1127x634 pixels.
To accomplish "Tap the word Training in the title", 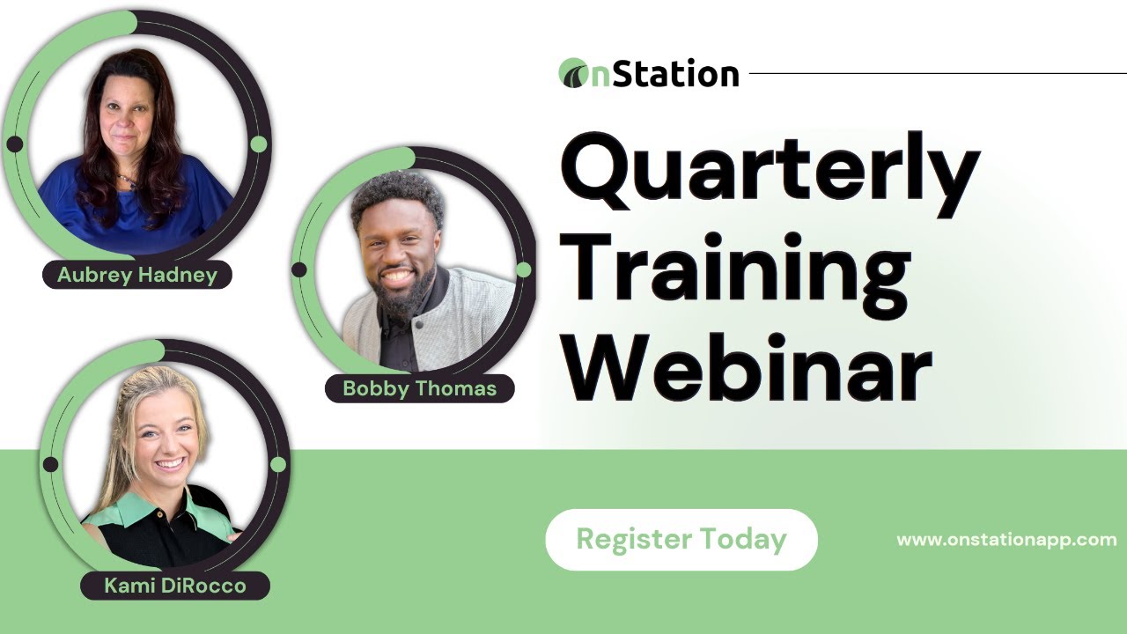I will tap(735, 265).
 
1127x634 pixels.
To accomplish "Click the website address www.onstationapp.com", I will tap(1006, 540).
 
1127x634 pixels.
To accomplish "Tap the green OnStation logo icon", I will tap(574, 74).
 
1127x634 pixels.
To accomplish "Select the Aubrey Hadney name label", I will tap(136, 276).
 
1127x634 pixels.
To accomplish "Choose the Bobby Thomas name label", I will tap(419, 388).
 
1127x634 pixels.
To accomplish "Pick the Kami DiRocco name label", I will tap(174, 586).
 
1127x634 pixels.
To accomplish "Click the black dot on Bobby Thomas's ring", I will tap(299, 269).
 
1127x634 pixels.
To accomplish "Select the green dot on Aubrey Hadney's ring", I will tap(258, 144).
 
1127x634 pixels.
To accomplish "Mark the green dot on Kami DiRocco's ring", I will tap(278, 464).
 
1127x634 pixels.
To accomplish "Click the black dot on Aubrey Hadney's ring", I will tap(15, 144).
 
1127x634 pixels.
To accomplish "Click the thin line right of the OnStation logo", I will tap(933, 74).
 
